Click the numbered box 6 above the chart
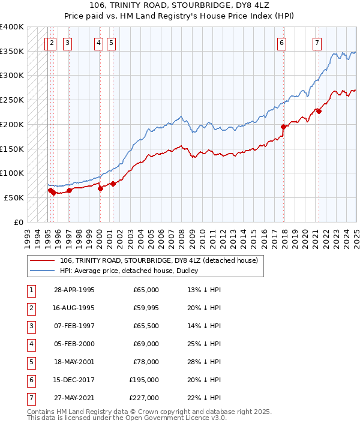(281, 43)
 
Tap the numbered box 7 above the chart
(316, 43)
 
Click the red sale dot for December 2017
(283, 127)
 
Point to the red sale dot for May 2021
(319, 111)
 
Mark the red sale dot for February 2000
(100, 188)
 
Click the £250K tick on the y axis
(11, 100)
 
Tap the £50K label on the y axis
(14, 197)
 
